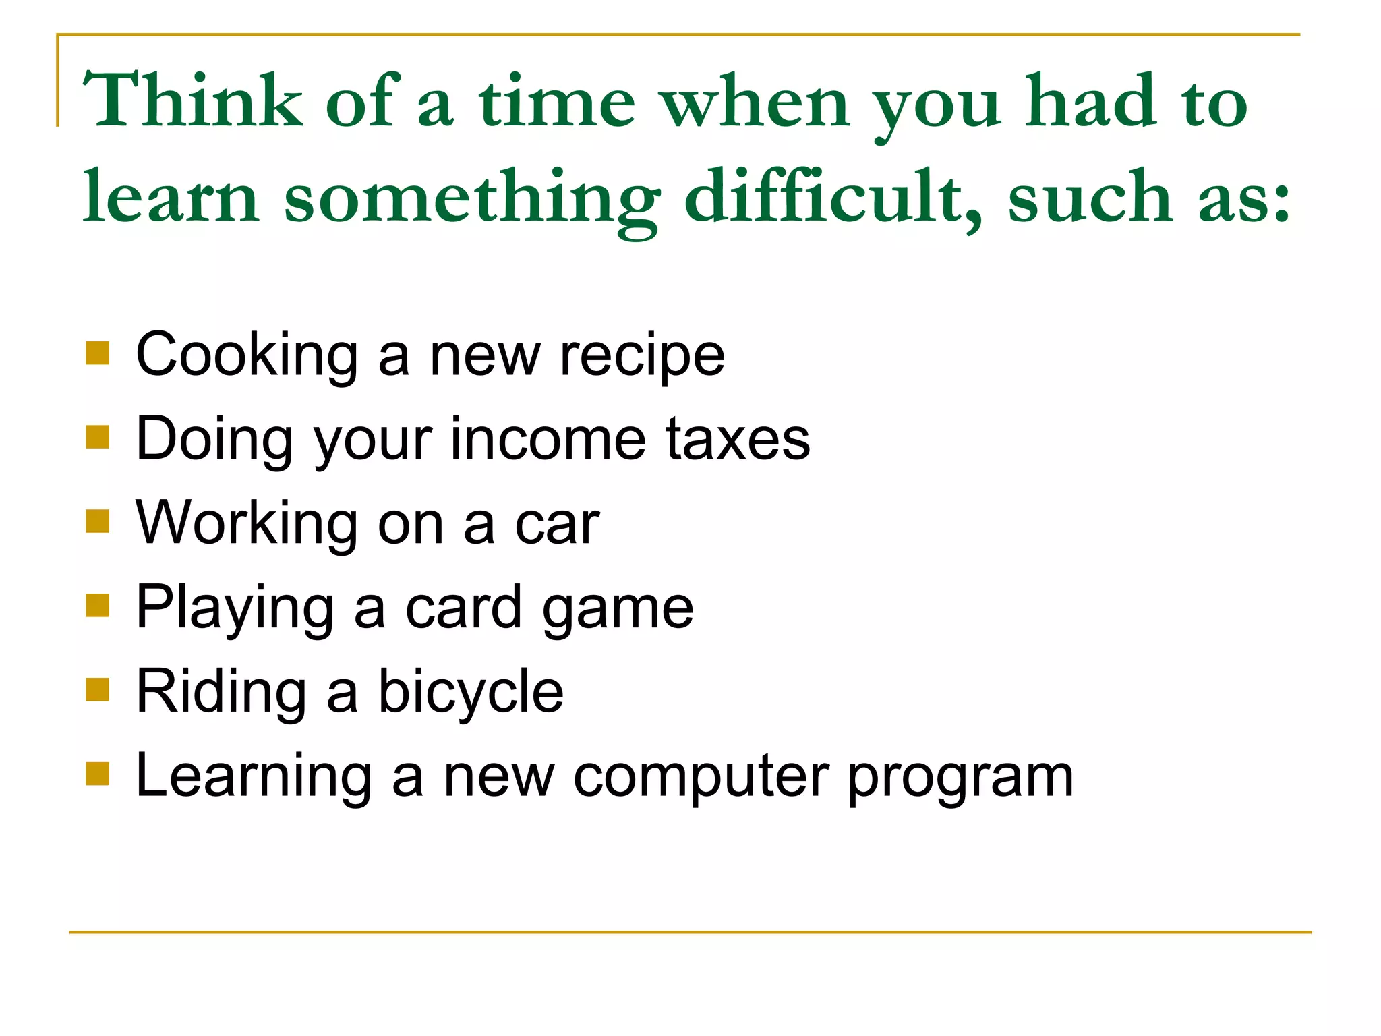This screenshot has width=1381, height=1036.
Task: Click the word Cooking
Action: tap(247, 356)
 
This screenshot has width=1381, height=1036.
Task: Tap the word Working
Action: tap(247, 525)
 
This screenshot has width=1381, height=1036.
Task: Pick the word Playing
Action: tap(235, 609)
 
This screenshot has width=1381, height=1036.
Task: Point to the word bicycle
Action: tap(471, 692)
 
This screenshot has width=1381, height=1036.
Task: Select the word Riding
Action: tap(221, 693)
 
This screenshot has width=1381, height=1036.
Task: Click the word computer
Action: tap(701, 778)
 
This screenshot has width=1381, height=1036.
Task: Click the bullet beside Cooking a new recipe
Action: tap(98, 353)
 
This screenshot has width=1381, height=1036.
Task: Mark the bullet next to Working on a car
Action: tap(98, 521)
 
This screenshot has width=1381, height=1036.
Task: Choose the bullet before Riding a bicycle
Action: tap(98, 689)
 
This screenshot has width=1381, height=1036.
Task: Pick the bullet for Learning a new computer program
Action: tap(98, 774)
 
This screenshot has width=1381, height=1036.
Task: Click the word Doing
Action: tap(214, 440)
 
